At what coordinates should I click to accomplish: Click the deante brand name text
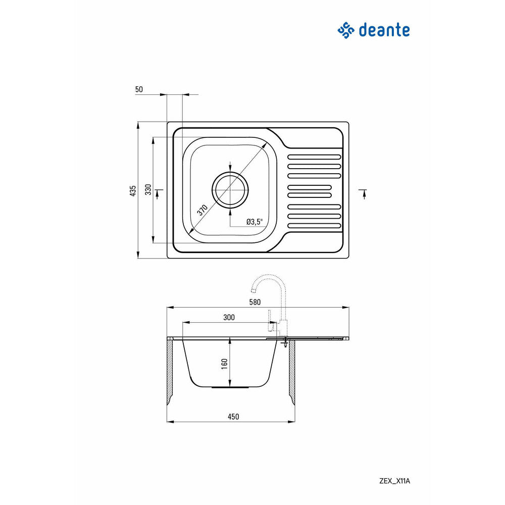pos(384,30)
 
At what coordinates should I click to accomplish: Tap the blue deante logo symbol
pos(346,30)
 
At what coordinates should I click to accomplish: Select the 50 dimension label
pos(139,89)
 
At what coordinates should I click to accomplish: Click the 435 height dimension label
pos(133,190)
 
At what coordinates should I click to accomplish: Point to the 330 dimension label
pos(148,189)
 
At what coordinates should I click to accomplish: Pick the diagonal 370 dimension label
pos(203,210)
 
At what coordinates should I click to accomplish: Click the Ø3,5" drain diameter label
pos(255,222)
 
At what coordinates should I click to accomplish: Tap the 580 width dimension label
pos(255,302)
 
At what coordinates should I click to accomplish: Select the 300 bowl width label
pos(229,317)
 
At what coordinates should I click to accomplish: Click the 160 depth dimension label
pos(225,364)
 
